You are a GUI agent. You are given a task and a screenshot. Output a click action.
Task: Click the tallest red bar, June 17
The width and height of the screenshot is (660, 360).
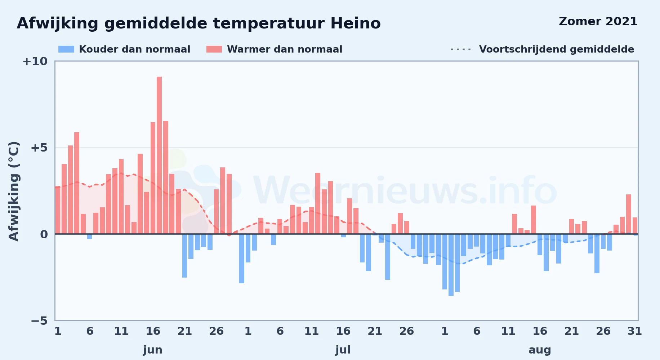click(x=159, y=155)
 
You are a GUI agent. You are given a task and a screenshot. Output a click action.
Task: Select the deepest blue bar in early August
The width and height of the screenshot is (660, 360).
click(x=451, y=265)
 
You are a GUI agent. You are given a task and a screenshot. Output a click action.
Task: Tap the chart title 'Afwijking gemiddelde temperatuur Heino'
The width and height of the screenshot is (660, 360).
click(x=199, y=23)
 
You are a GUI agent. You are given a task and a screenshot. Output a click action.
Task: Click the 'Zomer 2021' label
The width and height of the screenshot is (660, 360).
click(x=598, y=21)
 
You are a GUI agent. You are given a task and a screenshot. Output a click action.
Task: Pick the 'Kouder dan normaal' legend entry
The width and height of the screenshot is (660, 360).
click(x=124, y=49)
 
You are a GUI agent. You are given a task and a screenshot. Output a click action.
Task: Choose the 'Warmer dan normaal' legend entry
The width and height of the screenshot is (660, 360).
click(x=275, y=49)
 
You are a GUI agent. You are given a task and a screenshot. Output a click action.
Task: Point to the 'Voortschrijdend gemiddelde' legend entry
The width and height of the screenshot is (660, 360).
click(x=542, y=49)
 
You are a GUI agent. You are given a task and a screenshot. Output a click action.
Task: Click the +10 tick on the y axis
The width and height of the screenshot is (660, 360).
click(x=35, y=61)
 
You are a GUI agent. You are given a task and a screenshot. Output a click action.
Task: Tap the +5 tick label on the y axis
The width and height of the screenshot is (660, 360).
click(x=39, y=148)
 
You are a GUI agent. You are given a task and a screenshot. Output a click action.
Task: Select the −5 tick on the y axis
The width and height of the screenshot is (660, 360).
click(x=39, y=320)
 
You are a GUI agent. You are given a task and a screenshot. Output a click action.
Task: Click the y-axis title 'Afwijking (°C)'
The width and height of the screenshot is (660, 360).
click(x=14, y=191)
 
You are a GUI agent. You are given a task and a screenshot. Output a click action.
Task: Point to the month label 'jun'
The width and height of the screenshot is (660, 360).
click(x=153, y=350)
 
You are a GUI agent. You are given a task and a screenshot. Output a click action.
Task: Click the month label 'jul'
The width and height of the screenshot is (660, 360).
click(x=343, y=350)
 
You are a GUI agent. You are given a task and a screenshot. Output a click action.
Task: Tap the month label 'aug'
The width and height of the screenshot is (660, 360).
click(x=540, y=350)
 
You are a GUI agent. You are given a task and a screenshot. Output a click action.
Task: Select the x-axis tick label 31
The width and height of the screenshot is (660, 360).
click(x=635, y=331)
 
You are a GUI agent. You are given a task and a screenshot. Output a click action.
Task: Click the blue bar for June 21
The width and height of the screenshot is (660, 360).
click(x=185, y=256)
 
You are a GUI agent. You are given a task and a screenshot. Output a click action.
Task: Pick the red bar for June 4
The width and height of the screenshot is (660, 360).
click(x=77, y=183)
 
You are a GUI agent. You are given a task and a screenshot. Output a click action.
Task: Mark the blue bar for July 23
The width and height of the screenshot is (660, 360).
click(x=388, y=257)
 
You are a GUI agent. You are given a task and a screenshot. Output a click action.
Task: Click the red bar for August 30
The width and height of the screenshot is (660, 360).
click(x=629, y=214)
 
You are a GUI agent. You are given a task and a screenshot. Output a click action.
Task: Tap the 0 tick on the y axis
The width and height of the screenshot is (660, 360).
click(x=44, y=234)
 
